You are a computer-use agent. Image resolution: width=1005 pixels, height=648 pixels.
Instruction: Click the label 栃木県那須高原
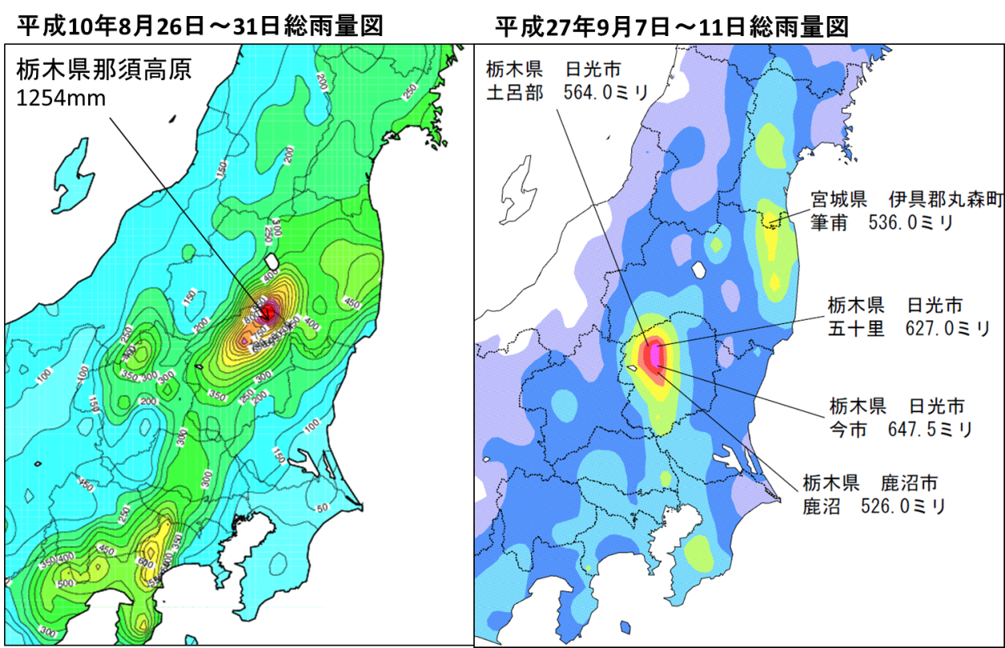(x=103, y=70)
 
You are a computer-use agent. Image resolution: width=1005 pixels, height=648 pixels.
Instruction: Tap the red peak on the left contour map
(x=267, y=309)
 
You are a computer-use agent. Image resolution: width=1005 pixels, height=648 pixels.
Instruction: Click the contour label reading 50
(x=323, y=508)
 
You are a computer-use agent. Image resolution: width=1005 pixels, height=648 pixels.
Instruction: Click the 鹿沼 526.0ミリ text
(x=873, y=506)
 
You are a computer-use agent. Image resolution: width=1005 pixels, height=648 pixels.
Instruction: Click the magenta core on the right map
(x=656, y=354)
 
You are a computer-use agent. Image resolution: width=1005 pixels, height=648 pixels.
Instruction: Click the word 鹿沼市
(x=909, y=483)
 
